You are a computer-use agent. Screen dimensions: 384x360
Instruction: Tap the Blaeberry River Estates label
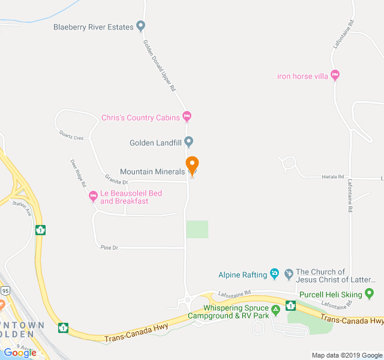click(x=94, y=26)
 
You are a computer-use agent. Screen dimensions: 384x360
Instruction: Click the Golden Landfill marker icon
click(x=188, y=142)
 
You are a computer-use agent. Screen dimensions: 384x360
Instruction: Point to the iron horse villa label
click(x=302, y=76)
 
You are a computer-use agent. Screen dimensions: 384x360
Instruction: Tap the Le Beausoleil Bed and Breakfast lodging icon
click(x=93, y=196)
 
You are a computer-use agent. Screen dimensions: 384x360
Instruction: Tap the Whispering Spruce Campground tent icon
click(x=276, y=310)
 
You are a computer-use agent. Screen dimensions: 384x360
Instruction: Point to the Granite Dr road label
click(x=116, y=180)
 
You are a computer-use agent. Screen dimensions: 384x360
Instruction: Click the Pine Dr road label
click(x=109, y=247)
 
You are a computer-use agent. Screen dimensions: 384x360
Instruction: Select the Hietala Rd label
click(x=332, y=177)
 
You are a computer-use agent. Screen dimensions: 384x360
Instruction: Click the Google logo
click(x=20, y=352)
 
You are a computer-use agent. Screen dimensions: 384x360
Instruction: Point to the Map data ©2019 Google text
click(x=347, y=355)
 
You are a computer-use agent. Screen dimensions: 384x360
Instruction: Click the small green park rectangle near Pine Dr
click(x=197, y=229)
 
